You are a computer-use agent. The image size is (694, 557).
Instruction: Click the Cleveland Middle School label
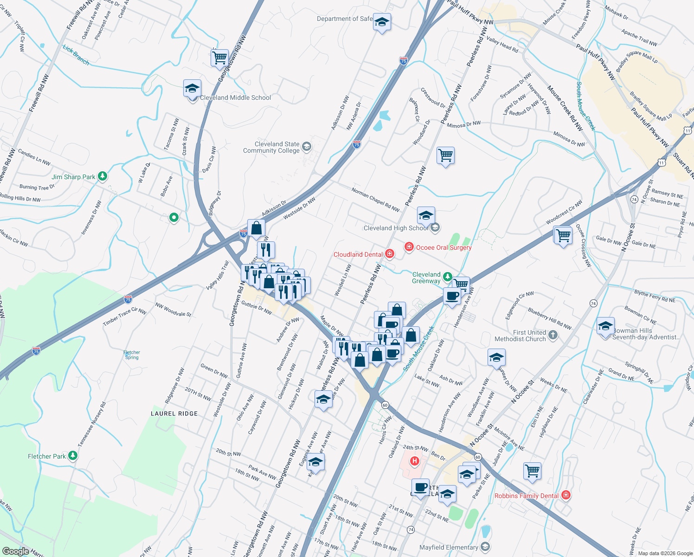point(235,98)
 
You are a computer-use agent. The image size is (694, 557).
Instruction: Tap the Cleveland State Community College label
point(271,148)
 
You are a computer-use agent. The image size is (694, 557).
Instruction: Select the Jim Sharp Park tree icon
point(103,176)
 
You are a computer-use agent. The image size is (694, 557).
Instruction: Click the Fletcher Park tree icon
point(73,456)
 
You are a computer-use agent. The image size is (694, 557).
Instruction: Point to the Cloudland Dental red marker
point(390,254)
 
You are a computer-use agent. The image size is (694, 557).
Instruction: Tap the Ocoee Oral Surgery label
point(443,247)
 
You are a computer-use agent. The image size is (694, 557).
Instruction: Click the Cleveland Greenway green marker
point(447,277)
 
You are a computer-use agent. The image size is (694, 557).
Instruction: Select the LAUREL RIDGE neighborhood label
point(174,414)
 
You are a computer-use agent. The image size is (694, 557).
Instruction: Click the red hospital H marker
point(415,461)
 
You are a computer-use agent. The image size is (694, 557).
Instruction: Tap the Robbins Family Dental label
point(527,496)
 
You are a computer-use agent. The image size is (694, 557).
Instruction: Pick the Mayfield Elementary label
point(449,547)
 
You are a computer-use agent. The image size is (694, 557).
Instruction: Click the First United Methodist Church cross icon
point(553,334)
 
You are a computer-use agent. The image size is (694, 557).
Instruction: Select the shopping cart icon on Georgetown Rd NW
point(219,58)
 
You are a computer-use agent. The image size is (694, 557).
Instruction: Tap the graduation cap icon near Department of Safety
point(382,22)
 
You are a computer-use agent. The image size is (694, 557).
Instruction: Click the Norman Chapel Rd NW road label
point(375,200)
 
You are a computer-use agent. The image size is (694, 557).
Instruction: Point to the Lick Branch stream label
point(76,55)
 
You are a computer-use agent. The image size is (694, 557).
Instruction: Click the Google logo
point(15,551)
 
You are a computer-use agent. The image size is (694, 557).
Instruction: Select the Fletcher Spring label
point(132,355)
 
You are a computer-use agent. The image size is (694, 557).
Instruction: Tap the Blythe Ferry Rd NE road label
point(655,297)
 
